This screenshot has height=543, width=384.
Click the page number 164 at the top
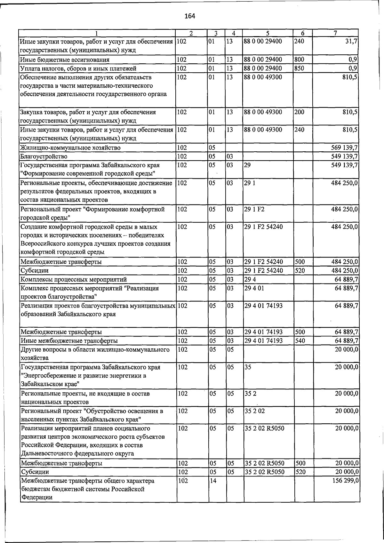190,16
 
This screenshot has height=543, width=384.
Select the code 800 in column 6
299,60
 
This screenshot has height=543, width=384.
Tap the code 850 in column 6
299,68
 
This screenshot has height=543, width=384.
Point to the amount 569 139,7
344,148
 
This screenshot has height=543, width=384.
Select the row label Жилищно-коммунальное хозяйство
70,148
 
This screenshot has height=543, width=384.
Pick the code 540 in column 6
300,341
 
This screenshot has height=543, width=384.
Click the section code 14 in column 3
213,481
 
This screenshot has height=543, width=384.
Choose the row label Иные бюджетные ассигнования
65,60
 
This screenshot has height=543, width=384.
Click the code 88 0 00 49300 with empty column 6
263,77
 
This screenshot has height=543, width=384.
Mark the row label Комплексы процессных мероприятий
74,279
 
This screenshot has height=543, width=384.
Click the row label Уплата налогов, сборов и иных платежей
78,68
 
